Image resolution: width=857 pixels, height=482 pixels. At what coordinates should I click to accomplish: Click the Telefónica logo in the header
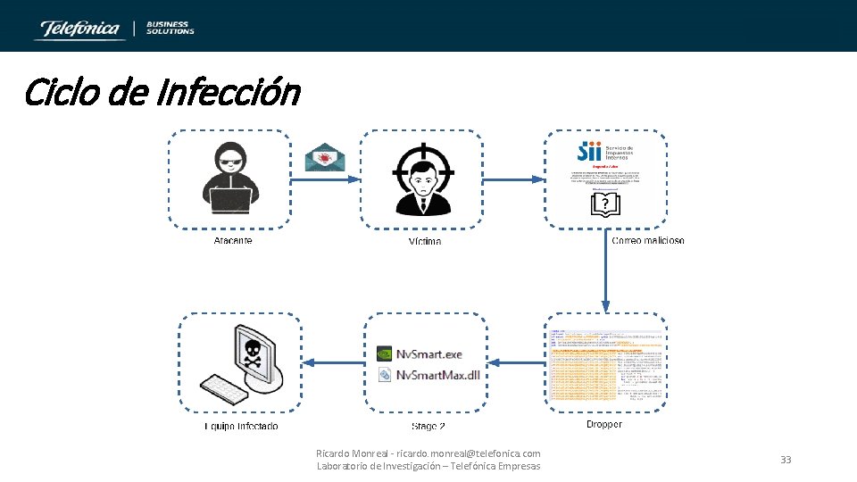[x=78, y=29]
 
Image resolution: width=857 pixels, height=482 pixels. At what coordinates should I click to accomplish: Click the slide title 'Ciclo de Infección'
[x=162, y=92]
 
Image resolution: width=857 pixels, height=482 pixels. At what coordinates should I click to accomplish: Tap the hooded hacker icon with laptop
[x=229, y=179]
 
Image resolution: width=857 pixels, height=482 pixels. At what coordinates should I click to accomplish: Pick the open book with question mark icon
[x=605, y=206]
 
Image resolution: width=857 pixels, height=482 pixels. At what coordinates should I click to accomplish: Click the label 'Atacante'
[x=233, y=241]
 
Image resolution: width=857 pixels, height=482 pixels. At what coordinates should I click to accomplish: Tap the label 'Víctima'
[x=425, y=242]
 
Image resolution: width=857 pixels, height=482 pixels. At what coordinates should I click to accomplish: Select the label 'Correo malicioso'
[x=648, y=241]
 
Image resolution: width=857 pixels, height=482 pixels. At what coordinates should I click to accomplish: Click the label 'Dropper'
[x=604, y=424]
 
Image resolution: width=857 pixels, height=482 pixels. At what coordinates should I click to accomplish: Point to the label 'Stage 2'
[x=428, y=427]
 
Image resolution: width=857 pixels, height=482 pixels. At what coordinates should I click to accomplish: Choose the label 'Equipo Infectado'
[x=241, y=427]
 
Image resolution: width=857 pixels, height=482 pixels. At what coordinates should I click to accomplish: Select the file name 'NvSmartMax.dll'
[x=437, y=375]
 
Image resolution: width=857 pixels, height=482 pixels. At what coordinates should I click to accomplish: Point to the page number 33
[x=786, y=460]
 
